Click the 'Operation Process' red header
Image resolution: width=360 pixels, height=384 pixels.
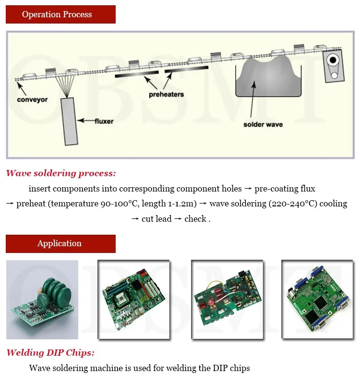pyautogui.click(x=60, y=14)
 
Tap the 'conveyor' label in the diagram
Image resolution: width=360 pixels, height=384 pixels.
pyautogui.click(x=32, y=100)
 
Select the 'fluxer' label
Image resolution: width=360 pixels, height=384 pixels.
pyautogui.click(x=104, y=121)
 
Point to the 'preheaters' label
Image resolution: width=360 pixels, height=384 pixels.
pyautogui.click(x=166, y=94)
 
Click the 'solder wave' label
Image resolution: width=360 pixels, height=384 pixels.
pyautogui.click(x=263, y=124)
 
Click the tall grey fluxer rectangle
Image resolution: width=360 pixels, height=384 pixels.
pyautogui.click(x=71, y=121)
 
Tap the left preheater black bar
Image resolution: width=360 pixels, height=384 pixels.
pyautogui.click(x=137, y=73)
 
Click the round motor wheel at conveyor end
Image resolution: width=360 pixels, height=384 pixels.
pyautogui.click(x=333, y=60)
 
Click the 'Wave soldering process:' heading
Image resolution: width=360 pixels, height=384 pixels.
pyautogui.click(x=61, y=173)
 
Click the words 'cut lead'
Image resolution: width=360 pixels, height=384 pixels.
pyautogui.click(x=156, y=219)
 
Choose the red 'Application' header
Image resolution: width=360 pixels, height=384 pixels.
pyautogui.click(x=60, y=243)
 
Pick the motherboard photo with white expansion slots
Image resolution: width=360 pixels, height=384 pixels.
pyautogui.click(x=133, y=300)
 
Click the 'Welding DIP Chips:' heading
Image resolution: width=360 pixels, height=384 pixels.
pyautogui.click(x=50, y=353)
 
